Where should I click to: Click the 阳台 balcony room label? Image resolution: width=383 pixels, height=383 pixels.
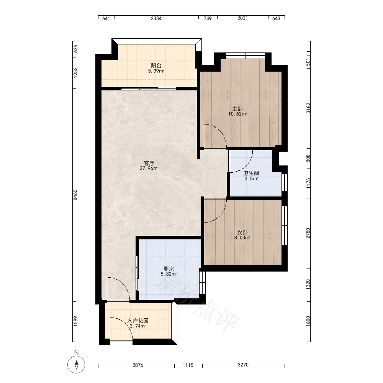(x=156, y=65)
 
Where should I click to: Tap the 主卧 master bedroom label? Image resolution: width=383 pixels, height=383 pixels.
(x=237, y=109)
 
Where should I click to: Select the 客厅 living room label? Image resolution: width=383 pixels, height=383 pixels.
(x=149, y=163)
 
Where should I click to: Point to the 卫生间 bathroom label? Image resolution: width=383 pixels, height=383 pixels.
(x=251, y=173)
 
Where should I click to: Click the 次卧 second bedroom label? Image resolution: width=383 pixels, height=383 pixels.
(x=242, y=232)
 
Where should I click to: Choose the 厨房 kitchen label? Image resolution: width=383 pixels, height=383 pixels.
(x=169, y=269)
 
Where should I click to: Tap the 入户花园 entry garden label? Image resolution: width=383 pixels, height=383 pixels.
(x=138, y=321)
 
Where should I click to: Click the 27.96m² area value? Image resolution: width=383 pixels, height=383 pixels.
(x=149, y=168)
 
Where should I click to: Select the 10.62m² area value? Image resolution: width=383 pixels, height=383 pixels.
(x=237, y=114)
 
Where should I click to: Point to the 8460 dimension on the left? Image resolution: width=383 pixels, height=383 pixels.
(x=75, y=195)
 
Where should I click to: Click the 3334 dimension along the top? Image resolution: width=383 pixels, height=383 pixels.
(x=156, y=18)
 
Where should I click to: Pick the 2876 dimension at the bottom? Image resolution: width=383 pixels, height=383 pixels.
(x=138, y=365)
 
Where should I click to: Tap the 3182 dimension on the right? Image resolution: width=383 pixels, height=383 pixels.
(x=308, y=108)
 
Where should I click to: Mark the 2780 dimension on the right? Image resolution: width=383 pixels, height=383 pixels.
(x=308, y=233)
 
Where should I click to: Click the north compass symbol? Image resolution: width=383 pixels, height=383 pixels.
(x=76, y=365)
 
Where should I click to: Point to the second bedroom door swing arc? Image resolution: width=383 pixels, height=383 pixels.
(x=220, y=215)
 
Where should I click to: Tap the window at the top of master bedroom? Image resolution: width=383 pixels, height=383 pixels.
(x=246, y=56)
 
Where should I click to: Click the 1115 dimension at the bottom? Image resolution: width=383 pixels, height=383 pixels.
(x=188, y=365)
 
